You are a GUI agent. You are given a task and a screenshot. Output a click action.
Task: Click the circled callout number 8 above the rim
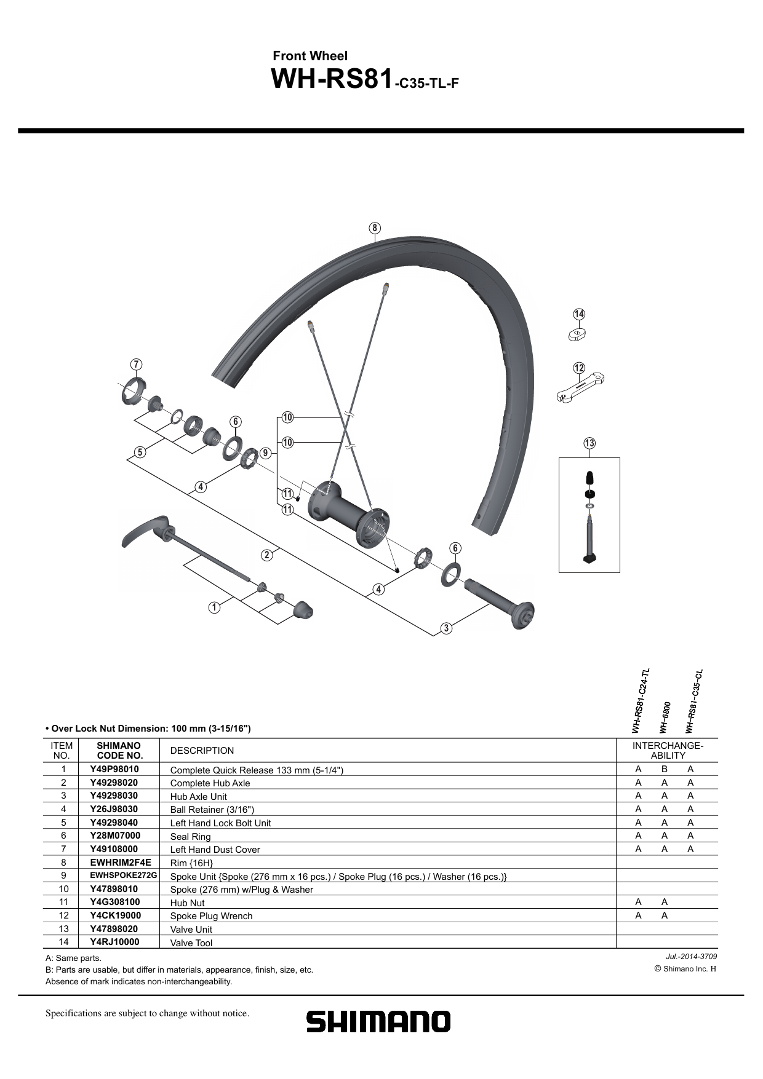pyautogui.click(x=375, y=228)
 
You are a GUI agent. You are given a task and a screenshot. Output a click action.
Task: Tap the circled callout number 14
pyautogui.click(x=579, y=314)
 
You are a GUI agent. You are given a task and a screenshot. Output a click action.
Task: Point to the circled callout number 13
pyautogui.click(x=589, y=443)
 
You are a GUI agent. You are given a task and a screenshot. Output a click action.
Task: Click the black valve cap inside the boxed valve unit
pyautogui.click(x=589, y=478)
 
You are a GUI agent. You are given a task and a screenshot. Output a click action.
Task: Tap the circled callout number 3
pyautogui.click(x=447, y=628)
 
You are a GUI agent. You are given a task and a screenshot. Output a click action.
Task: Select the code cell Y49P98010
pyautogui.click(x=114, y=769)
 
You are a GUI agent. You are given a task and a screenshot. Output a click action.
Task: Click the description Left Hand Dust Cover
pyautogui.click(x=215, y=850)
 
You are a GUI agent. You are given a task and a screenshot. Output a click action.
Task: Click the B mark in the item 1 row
pyautogui.click(x=665, y=769)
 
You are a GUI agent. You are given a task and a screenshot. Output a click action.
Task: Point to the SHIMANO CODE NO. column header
pyautogui.click(x=119, y=750)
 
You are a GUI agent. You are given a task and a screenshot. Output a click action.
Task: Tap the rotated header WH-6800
pyautogui.click(x=665, y=717)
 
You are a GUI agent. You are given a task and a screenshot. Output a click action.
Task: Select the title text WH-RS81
pyautogui.click(x=331, y=79)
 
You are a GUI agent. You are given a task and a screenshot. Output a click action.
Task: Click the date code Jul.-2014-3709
pyautogui.click(x=691, y=957)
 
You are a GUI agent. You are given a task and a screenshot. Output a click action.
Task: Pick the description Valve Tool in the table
pyautogui.click(x=191, y=943)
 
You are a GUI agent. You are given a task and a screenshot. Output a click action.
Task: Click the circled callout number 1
pyautogui.click(x=214, y=607)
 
